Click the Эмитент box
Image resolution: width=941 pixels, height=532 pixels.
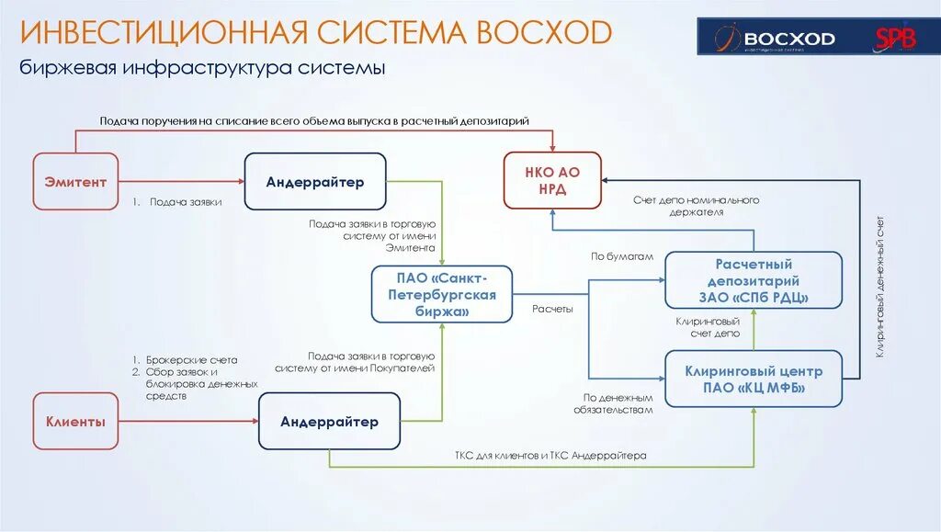(x=75, y=182)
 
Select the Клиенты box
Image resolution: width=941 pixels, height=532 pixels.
(x=75, y=422)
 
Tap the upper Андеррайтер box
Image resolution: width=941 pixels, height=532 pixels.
(x=315, y=182)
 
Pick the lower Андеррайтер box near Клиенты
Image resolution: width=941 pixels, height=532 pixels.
(x=329, y=422)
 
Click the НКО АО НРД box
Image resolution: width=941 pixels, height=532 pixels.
(x=552, y=180)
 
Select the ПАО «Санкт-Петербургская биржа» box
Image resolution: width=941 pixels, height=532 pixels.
(x=441, y=294)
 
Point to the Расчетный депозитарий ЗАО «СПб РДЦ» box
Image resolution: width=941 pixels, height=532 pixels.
(x=754, y=280)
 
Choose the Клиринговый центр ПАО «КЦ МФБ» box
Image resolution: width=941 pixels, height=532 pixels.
(x=754, y=379)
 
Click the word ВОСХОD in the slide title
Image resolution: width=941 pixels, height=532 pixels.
(x=544, y=33)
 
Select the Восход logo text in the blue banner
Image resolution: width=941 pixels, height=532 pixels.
(x=788, y=39)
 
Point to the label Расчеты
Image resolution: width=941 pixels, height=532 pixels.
(x=552, y=310)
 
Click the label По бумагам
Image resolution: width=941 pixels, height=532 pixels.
(x=621, y=256)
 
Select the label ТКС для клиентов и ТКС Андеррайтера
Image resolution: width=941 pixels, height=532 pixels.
(x=550, y=455)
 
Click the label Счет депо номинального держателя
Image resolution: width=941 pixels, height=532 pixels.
(x=696, y=206)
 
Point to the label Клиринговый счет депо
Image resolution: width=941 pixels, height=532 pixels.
(x=708, y=328)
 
